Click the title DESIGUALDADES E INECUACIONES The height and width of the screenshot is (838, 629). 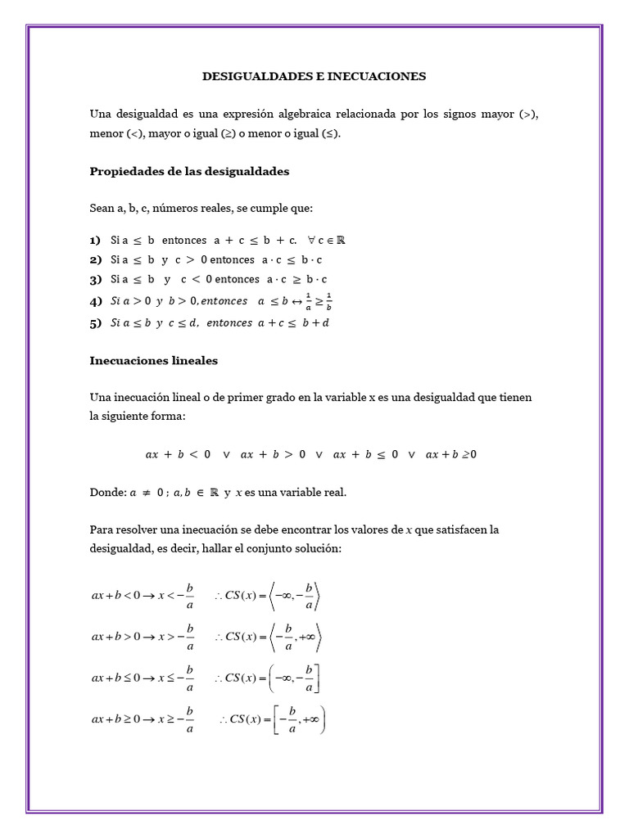click(314, 76)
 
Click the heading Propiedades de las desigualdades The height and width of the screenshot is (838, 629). click(189, 172)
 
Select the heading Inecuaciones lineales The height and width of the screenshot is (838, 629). click(154, 360)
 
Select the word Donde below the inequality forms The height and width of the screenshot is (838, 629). click(106, 493)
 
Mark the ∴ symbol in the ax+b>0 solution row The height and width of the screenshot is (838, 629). click(219, 636)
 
